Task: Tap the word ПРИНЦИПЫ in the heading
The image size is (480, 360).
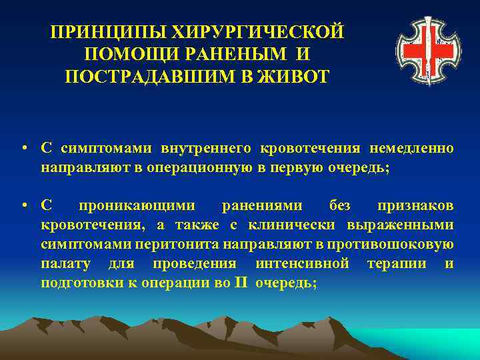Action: click(109, 33)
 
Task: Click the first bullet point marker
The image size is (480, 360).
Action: click(24, 147)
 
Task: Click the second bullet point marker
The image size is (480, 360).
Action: click(24, 206)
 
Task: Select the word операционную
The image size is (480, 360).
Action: click(208, 167)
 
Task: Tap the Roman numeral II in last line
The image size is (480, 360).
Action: click(241, 282)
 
